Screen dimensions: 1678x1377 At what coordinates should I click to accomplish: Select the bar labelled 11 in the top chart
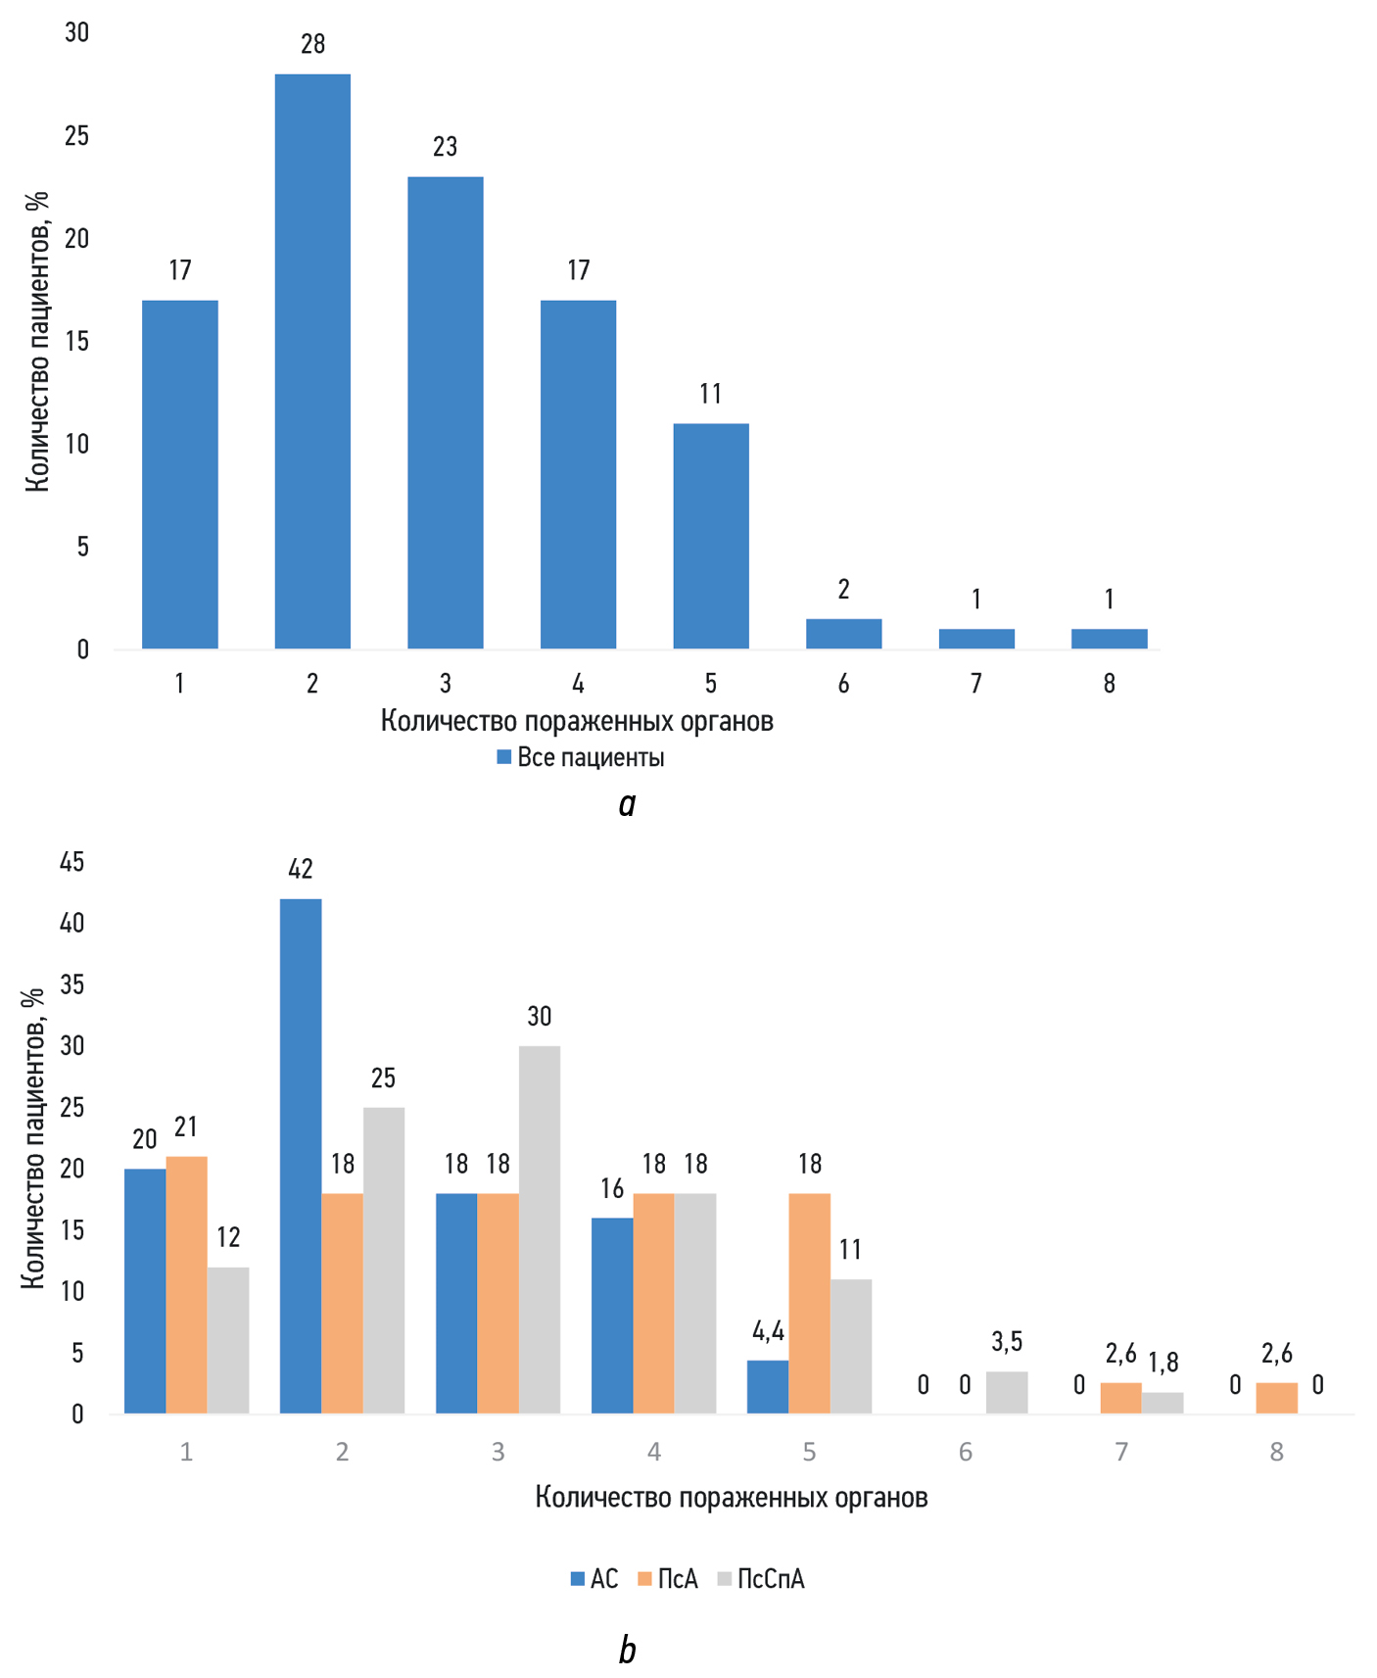(711, 536)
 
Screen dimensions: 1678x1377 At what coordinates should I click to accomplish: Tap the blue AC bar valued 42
(301, 1156)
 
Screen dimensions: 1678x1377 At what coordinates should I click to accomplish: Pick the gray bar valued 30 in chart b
(540, 1229)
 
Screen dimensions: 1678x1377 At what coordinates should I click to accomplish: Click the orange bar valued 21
(186, 1284)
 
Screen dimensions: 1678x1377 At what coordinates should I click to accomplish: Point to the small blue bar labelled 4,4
(768, 1386)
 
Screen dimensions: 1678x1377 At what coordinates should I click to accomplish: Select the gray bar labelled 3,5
(1007, 1392)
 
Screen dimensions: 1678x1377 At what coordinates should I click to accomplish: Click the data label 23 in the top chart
(446, 147)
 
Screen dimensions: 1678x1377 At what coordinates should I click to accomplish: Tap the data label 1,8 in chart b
(1163, 1363)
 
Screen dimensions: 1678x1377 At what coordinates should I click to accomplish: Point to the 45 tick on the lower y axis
(72, 861)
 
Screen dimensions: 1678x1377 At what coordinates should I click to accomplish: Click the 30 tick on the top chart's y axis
(76, 32)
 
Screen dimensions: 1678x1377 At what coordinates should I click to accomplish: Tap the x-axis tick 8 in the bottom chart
(1276, 1451)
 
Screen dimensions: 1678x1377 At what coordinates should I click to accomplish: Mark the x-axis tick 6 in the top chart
(843, 684)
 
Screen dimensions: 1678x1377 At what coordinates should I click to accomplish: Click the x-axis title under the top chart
(577, 721)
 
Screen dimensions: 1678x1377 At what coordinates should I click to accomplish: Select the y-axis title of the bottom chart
(33, 1136)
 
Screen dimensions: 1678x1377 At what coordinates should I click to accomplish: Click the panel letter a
(627, 804)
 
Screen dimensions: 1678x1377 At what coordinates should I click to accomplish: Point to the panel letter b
(627, 1650)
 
